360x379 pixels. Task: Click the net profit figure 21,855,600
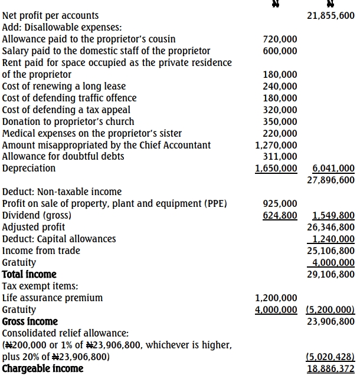pyautogui.click(x=331, y=16)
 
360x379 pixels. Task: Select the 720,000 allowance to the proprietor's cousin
pyautogui.click(x=280, y=39)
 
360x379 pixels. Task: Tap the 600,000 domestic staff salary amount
pyautogui.click(x=280, y=51)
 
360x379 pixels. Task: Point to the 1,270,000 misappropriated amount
pyautogui.click(x=276, y=145)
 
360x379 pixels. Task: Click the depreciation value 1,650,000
pyautogui.click(x=276, y=169)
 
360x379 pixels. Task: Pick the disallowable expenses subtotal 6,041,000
pyautogui.click(x=333, y=169)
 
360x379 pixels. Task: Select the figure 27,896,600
pyautogui.click(x=331, y=180)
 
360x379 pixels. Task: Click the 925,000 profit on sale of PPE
pyautogui.click(x=280, y=204)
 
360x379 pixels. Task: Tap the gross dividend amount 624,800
pyautogui.click(x=280, y=216)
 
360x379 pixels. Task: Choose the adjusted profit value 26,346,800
pyautogui.click(x=331, y=228)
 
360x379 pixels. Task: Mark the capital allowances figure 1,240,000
pyautogui.click(x=333, y=239)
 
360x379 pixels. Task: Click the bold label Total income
pyautogui.click(x=30, y=275)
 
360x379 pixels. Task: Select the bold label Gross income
pyautogui.click(x=30, y=322)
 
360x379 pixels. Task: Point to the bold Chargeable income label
pyautogui.click(x=43, y=369)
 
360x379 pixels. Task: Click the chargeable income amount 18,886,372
pyautogui.click(x=331, y=369)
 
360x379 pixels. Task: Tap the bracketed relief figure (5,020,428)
pyautogui.click(x=331, y=357)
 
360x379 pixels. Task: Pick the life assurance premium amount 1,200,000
pyautogui.click(x=276, y=298)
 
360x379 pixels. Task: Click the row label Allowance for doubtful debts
pyautogui.click(x=63, y=157)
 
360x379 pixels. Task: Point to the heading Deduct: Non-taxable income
pyautogui.click(x=62, y=192)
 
